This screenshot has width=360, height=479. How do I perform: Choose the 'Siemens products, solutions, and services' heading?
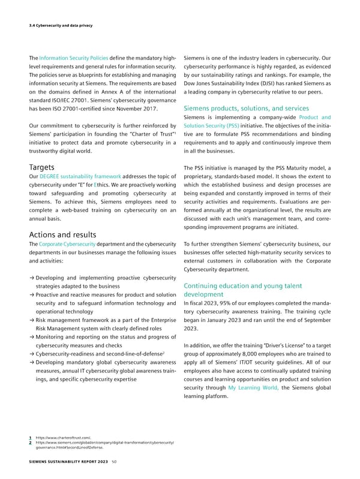242,108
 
